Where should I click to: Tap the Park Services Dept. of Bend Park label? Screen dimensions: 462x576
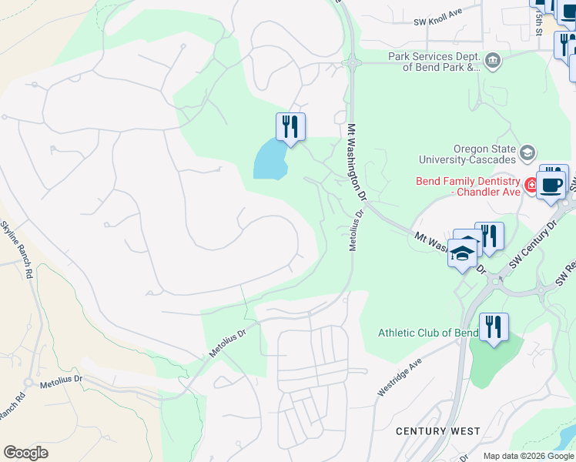pyautogui.click(x=434, y=62)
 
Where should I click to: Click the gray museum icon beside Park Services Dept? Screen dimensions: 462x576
pyautogui.click(x=493, y=59)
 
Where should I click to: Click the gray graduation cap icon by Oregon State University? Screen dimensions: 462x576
pyautogui.click(x=527, y=152)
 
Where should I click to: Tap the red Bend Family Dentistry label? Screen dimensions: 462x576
pyautogui.click(x=467, y=186)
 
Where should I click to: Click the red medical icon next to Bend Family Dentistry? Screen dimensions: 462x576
pyautogui.click(x=531, y=185)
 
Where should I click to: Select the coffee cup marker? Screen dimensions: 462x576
pyautogui.click(x=551, y=185)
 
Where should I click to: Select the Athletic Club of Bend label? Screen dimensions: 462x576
pyautogui.click(x=427, y=333)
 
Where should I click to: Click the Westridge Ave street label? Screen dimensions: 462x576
pyautogui.click(x=400, y=377)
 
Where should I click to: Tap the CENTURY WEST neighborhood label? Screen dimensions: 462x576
pyautogui.click(x=437, y=431)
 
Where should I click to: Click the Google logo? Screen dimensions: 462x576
pyautogui.click(x=25, y=453)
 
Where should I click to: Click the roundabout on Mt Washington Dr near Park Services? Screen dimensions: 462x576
pyautogui.click(x=351, y=62)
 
